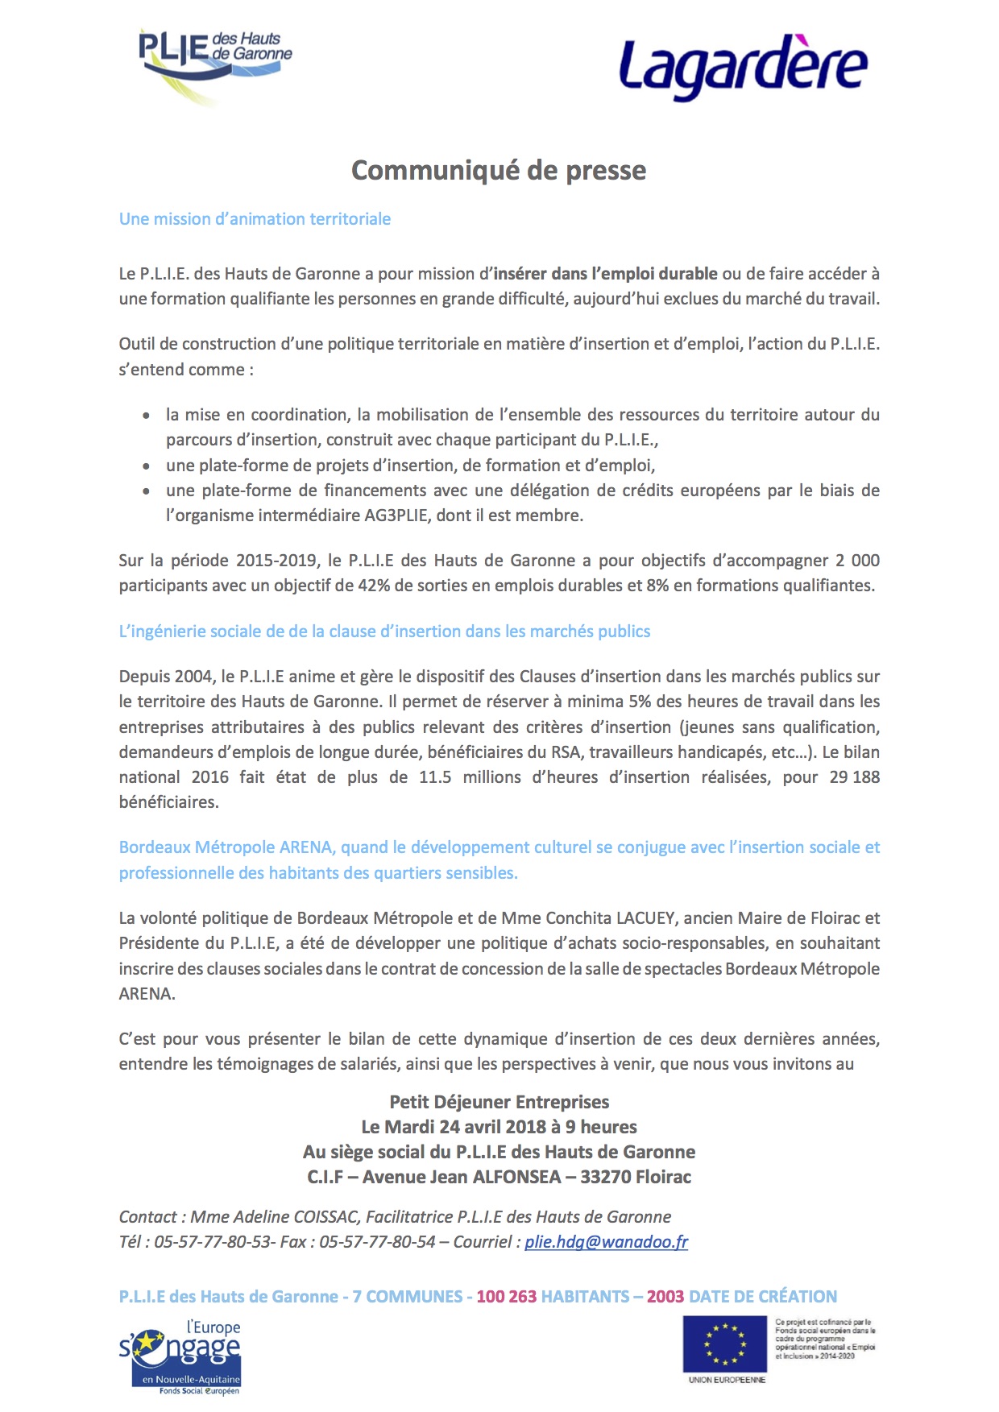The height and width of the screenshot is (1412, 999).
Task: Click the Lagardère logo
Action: [743, 68]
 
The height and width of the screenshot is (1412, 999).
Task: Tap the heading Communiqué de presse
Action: [499, 171]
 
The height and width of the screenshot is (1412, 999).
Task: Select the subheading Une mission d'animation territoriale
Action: [255, 219]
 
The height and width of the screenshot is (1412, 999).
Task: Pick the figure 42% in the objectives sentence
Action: [374, 586]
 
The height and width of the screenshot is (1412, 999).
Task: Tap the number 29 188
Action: [854, 777]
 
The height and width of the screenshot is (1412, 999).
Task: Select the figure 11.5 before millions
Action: [435, 777]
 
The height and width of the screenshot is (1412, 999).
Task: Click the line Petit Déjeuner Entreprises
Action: [499, 1102]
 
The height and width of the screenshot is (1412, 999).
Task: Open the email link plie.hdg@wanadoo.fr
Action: [606, 1242]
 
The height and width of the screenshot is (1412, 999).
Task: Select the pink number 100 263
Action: [506, 1297]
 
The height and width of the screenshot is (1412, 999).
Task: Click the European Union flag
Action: [724, 1344]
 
